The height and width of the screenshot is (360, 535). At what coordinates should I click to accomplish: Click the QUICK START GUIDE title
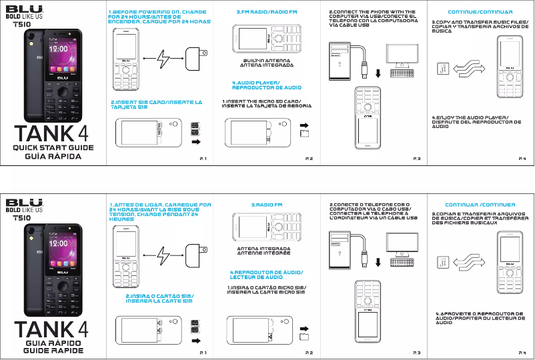tap(52, 149)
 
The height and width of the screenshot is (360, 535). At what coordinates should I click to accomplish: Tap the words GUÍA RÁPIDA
tap(52, 158)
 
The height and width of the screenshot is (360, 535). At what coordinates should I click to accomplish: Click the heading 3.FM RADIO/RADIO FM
tap(267, 13)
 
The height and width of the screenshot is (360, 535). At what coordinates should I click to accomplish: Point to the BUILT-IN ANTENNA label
tap(266, 61)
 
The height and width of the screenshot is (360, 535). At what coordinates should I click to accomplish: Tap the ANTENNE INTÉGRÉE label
tap(266, 253)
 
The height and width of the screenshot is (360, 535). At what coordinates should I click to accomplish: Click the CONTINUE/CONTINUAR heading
tap(480, 13)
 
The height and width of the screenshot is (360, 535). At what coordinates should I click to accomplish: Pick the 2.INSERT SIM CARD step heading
tap(156, 105)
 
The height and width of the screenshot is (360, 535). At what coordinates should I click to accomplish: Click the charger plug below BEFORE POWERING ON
tap(195, 58)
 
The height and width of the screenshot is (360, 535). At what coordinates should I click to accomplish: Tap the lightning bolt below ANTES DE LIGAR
tap(163, 252)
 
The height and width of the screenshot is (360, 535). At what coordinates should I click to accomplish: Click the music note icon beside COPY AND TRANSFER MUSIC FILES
tap(442, 69)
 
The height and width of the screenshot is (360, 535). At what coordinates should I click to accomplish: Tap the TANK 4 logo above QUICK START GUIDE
tap(52, 131)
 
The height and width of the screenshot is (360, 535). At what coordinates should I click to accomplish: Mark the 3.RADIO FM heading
tap(267, 204)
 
